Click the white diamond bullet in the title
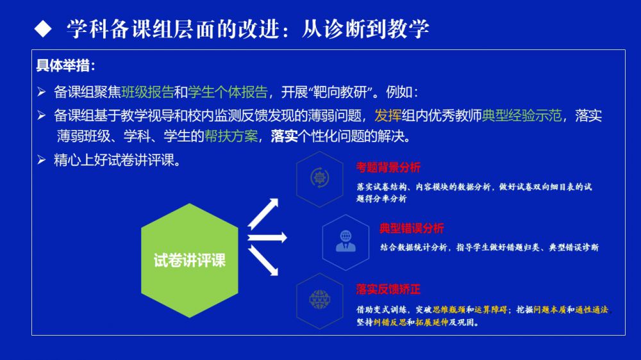tap(43, 29)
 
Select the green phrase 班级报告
tap(147, 92)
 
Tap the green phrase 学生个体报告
tap(228, 92)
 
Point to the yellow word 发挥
tap(388, 116)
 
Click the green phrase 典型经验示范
tap(522, 116)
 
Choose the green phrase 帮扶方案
tap(231, 136)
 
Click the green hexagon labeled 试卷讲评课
tap(190, 260)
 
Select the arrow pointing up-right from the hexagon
tap(263, 213)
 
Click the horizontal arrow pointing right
tap(267, 238)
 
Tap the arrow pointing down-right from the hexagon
tap(263, 260)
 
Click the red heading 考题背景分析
tap(388, 168)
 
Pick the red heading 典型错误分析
tap(412, 228)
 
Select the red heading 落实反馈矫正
tap(388, 290)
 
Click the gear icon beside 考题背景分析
tap(320, 177)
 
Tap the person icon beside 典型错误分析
tap(346, 241)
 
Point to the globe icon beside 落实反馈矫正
tap(320, 300)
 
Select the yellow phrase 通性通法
tap(592, 310)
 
